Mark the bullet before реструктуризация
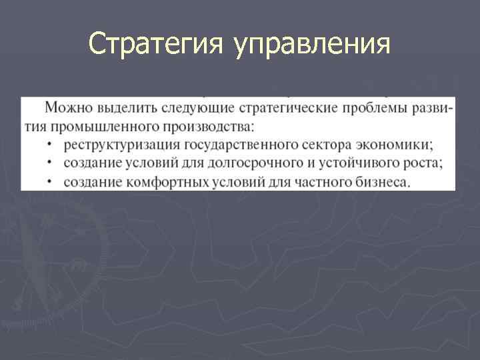[x=51, y=145]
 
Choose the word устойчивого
[x=337, y=163]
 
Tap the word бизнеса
[x=383, y=181]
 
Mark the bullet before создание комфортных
[x=51, y=182]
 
